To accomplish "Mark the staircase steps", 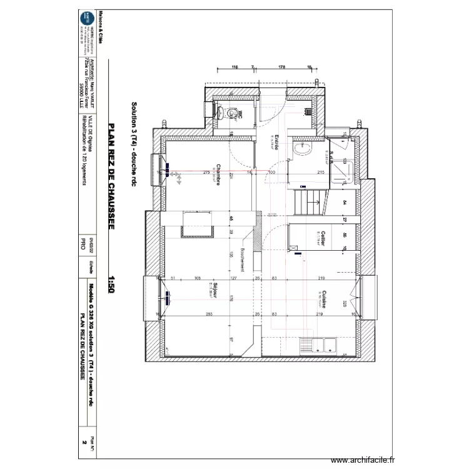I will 308,201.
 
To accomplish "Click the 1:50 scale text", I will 112,285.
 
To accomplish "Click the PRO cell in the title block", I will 82,243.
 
